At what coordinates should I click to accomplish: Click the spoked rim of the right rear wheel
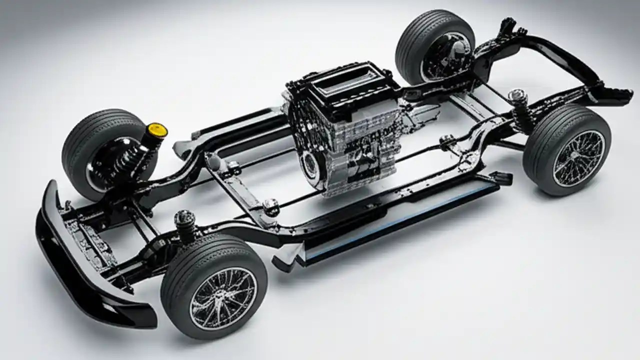(578, 158)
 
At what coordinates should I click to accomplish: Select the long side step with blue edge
(400, 220)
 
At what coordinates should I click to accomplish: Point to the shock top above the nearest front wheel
(184, 219)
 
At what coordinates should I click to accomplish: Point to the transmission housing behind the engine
(417, 115)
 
